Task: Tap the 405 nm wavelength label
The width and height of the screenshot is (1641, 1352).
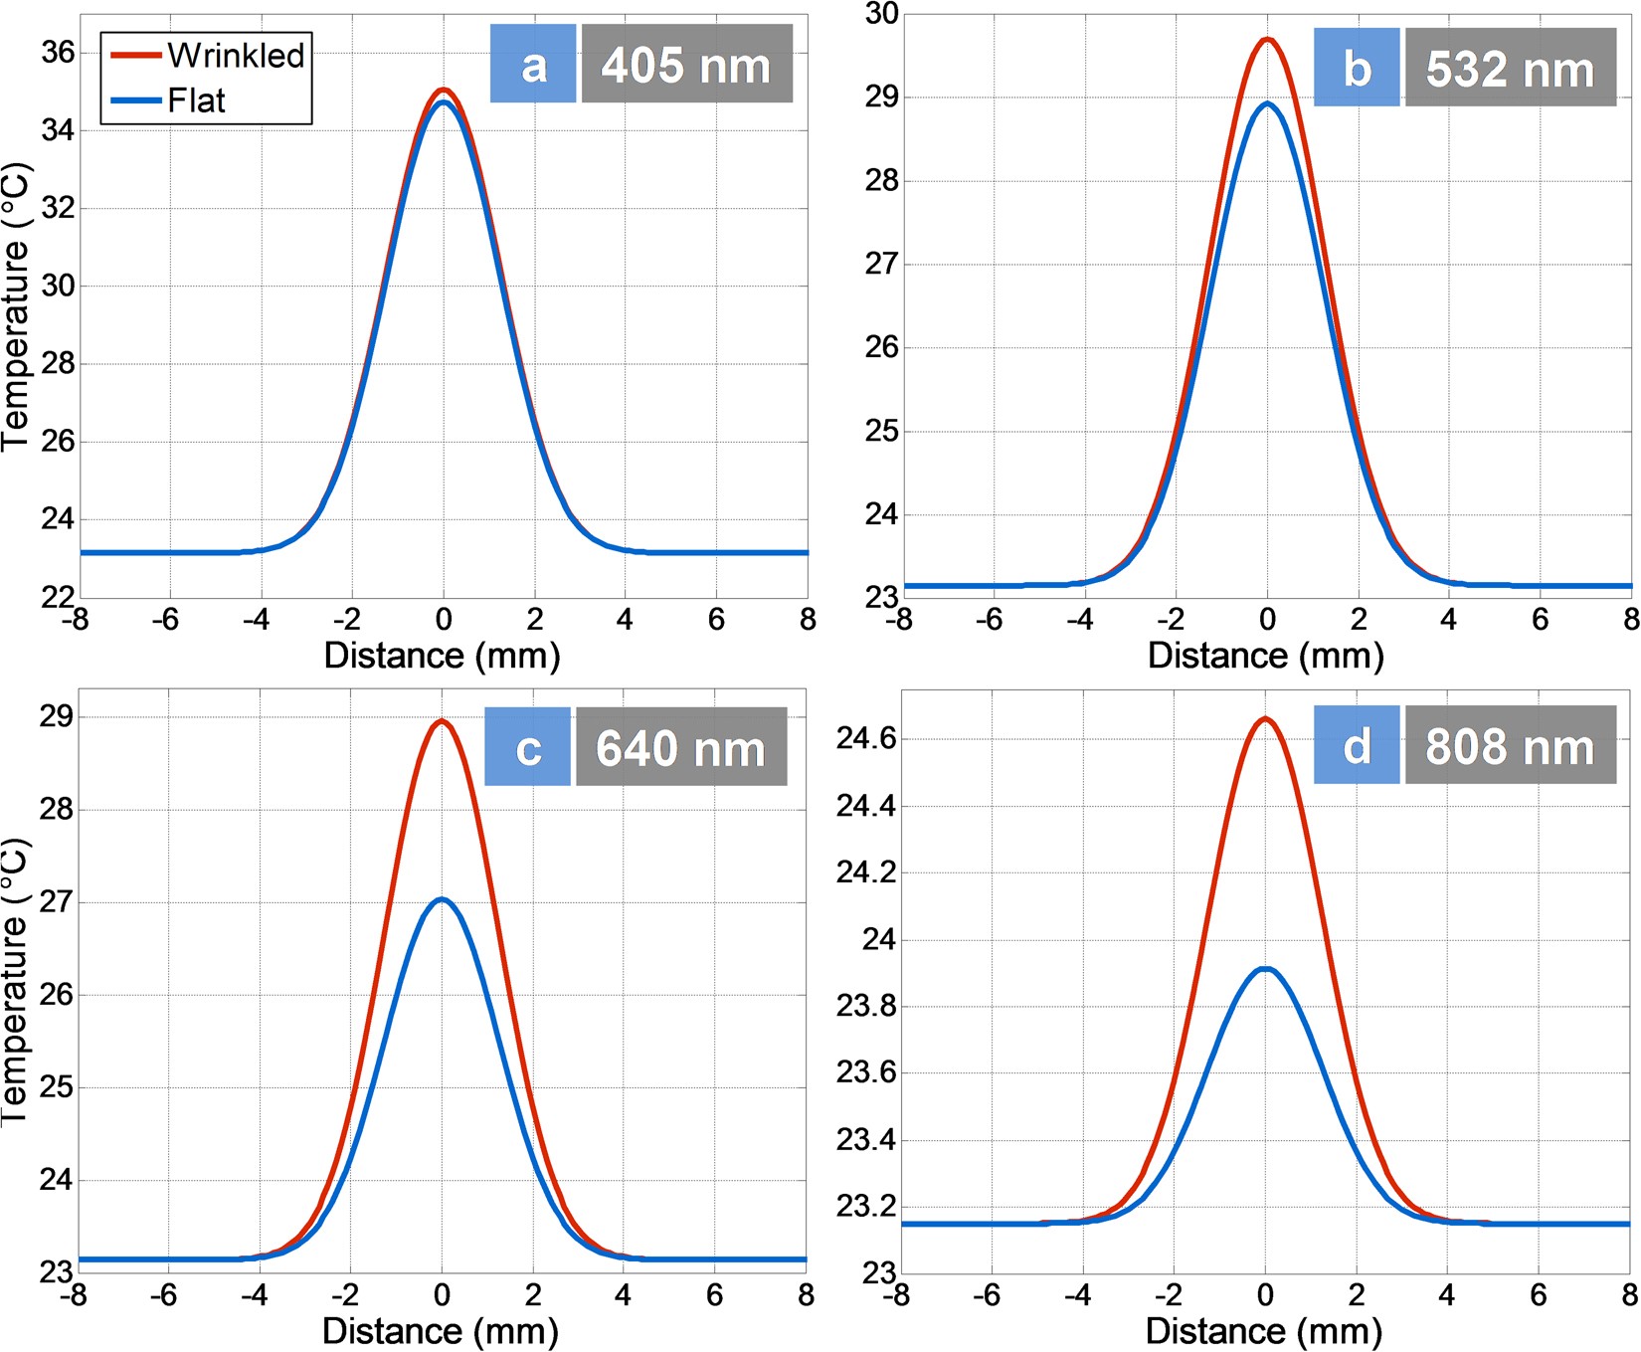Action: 686,66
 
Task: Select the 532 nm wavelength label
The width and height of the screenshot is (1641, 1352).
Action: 1510,69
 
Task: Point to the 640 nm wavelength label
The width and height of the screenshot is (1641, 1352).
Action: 681,747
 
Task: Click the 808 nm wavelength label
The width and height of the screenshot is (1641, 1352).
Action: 1510,745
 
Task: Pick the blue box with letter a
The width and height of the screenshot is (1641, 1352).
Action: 533,66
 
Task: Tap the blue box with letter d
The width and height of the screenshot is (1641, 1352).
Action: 1357,745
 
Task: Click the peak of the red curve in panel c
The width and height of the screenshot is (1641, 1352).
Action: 442,721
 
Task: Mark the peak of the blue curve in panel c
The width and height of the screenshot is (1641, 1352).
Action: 442,899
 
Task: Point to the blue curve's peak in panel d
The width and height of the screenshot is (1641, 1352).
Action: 1265,968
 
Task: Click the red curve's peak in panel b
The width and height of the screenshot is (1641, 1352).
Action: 1266,40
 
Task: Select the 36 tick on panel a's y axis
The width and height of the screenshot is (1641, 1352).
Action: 57,53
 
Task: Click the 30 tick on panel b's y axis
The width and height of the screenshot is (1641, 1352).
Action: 881,14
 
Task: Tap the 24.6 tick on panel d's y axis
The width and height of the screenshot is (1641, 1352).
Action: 866,739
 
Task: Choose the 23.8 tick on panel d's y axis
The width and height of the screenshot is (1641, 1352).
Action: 866,1007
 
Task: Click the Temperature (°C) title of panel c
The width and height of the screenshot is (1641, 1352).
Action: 16,980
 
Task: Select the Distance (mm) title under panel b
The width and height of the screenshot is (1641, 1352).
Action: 1265,656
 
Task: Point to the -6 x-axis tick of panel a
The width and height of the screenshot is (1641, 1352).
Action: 165,620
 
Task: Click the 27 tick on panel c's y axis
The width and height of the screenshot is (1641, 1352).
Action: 56,902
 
